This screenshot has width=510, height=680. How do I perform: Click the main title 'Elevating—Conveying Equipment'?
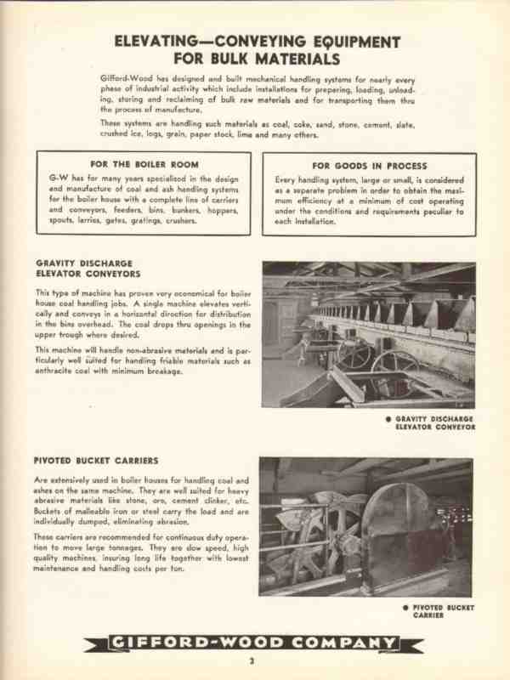[x=256, y=42]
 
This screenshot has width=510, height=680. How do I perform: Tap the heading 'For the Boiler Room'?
[x=143, y=163]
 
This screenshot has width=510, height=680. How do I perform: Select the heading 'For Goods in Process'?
[x=369, y=166]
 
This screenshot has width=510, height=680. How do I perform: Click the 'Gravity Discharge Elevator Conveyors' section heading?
[x=88, y=269]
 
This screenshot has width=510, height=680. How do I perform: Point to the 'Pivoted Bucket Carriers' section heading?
[x=96, y=461]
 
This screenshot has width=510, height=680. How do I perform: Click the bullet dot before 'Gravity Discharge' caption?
[x=388, y=418]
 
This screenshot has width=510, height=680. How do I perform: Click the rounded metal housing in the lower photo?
[x=399, y=531]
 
